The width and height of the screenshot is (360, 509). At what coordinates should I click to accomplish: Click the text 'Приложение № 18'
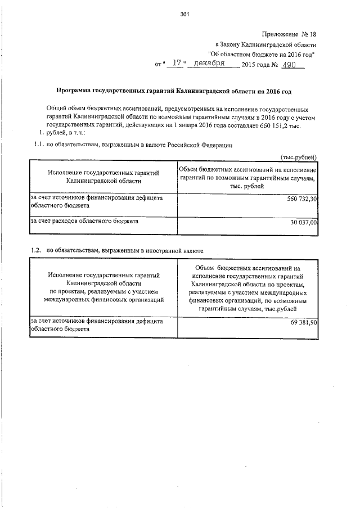click(x=289, y=34)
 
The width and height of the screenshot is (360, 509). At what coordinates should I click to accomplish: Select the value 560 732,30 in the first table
click(x=300, y=199)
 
